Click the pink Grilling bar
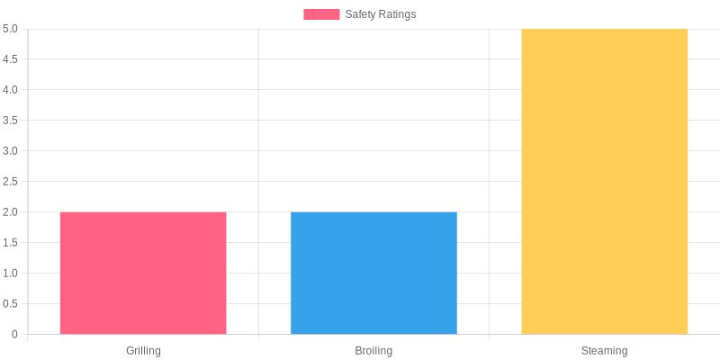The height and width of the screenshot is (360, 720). pyautogui.click(x=143, y=273)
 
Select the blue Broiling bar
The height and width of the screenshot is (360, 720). pyautogui.click(x=373, y=273)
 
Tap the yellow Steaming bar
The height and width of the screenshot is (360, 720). pyautogui.click(x=604, y=181)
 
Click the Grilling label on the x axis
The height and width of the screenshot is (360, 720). pyautogui.click(x=143, y=350)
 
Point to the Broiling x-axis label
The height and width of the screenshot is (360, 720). pyautogui.click(x=373, y=350)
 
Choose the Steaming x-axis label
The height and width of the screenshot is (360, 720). pyautogui.click(x=604, y=350)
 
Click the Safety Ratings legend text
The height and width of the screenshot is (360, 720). pyautogui.click(x=380, y=14)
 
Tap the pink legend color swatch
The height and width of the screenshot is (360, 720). pyautogui.click(x=321, y=14)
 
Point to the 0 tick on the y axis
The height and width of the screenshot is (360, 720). pyautogui.click(x=14, y=334)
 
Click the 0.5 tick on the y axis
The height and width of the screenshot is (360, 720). pyautogui.click(x=10, y=303)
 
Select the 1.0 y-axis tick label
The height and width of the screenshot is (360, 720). pyautogui.click(x=10, y=273)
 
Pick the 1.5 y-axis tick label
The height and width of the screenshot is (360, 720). pyautogui.click(x=10, y=242)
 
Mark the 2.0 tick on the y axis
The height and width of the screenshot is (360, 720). pyautogui.click(x=10, y=211)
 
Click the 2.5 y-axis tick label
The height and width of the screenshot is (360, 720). pyautogui.click(x=10, y=181)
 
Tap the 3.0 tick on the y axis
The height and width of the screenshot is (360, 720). pyautogui.click(x=10, y=150)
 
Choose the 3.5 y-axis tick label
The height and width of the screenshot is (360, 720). pyautogui.click(x=10, y=120)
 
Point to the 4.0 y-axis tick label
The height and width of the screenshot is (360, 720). pyautogui.click(x=10, y=89)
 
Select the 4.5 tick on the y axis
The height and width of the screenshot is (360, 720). pyautogui.click(x=10, y=58)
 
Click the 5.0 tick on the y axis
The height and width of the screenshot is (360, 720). pyautogui.click(x=10, y=29)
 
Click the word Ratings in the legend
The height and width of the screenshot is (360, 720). pyautogui.click(x=397, y=14)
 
